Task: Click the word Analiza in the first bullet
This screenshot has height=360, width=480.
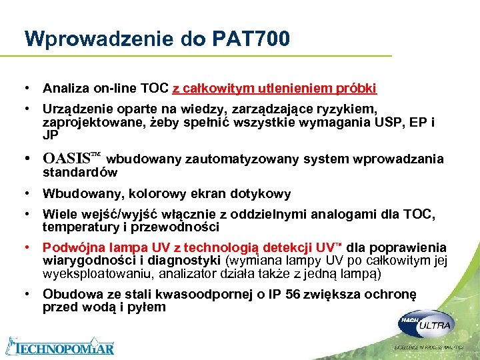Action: (x=64, y=88)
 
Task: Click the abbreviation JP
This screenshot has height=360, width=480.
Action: (x=51, y=135)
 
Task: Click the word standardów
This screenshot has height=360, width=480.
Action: (x=80, y=172)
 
